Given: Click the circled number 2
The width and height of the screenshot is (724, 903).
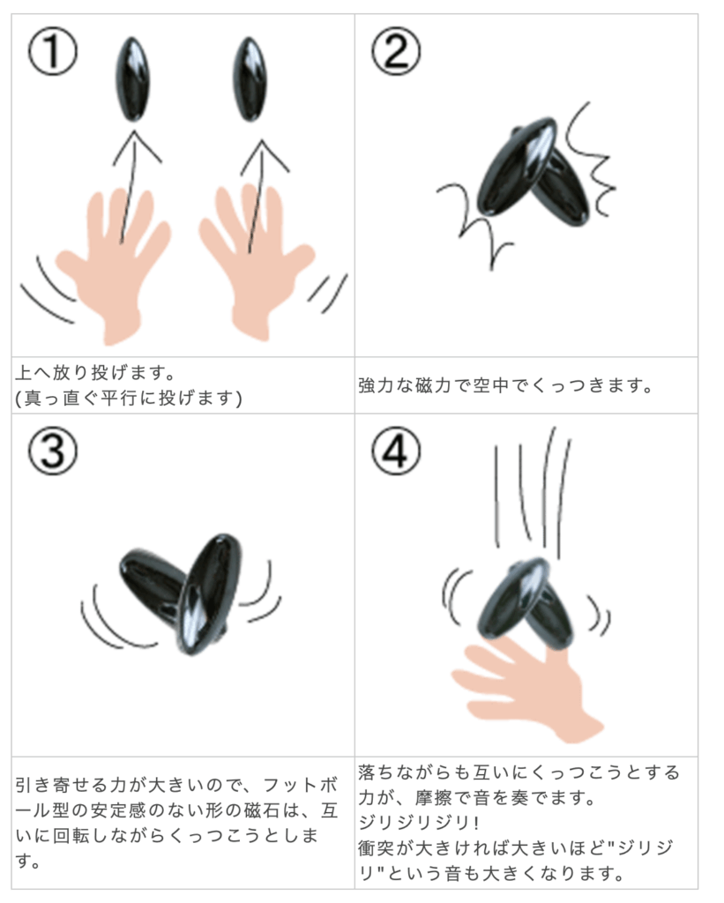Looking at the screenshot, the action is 395,51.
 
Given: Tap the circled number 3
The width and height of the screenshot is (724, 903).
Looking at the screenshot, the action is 52,451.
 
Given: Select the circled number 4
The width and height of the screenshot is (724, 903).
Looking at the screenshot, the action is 395,451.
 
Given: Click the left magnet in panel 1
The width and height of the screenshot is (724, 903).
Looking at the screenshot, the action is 132,78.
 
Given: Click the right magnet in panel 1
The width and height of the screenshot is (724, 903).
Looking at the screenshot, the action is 250,78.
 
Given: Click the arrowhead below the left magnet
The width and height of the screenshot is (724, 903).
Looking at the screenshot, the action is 136,146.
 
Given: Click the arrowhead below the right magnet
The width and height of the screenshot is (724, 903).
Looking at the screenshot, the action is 264,154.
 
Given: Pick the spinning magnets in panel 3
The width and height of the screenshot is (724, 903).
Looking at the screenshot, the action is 181,593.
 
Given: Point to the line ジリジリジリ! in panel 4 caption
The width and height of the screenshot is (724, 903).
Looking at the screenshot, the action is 419,823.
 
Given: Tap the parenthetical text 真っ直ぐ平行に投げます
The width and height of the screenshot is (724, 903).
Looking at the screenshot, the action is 130,398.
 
